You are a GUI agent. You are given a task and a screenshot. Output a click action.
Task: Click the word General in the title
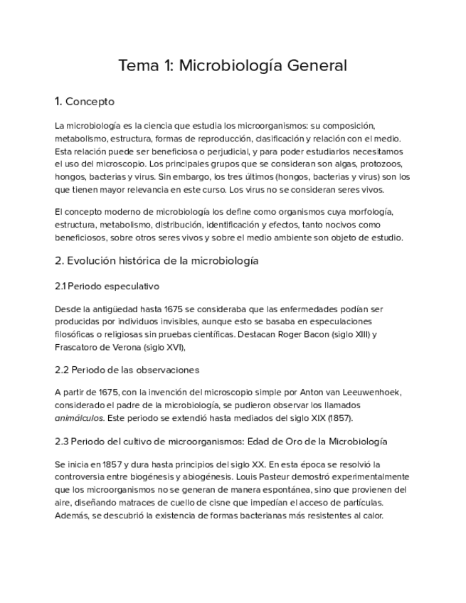(x=317, y=66)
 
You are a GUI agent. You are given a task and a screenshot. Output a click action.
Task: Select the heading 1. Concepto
(x=85, y=101)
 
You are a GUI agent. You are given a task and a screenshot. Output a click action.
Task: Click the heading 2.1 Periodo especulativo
(x=107, y=286)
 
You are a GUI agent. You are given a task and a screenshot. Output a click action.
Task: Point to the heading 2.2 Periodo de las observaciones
(x=127, y=370)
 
